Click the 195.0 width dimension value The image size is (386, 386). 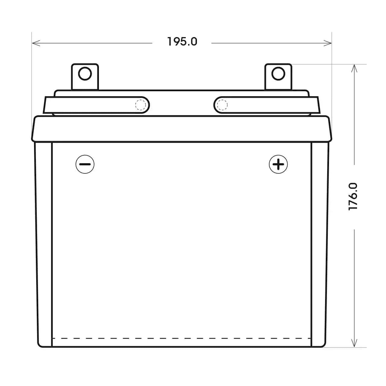182,42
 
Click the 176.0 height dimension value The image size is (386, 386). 353,196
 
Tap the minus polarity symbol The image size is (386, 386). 85,164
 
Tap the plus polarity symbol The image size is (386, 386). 278,164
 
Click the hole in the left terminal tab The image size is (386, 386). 85,74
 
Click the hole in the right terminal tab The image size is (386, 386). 278,74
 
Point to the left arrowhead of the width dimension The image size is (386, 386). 36,43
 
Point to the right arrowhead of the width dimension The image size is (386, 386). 327,43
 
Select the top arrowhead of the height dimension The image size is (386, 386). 354,68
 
